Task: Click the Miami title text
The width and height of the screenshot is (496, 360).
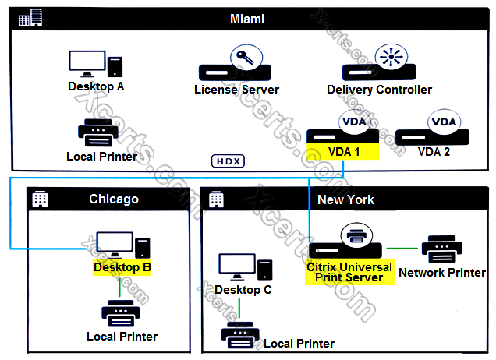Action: tap(248, 18)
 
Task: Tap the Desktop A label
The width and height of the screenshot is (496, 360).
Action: tap(96, 86)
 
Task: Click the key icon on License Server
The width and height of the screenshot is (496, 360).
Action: tap(243, 58)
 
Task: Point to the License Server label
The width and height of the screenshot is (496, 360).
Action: tap(236, 90)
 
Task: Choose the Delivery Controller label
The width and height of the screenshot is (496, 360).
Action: tap(379, 90)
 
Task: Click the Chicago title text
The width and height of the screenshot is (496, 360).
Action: tap(114, 199)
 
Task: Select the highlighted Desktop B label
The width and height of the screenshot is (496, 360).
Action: tap(122, 267)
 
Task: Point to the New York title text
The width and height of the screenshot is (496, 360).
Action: tap(345, 199)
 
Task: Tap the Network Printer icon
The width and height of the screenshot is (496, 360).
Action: tap(441, 249)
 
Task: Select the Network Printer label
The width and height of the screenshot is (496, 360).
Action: tap(442, 273)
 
